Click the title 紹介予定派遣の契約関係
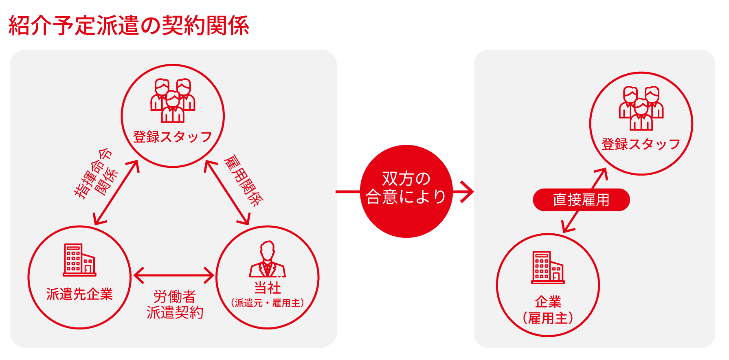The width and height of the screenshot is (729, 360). pos(129,25)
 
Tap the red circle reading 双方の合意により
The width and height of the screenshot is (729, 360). pos(406,191)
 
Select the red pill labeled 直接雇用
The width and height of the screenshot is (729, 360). pos(581,200)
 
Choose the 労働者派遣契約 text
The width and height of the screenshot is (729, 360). pos(175,304)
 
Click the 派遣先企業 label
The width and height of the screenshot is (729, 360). pos(79,294)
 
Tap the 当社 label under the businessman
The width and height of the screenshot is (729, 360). pos(267,288)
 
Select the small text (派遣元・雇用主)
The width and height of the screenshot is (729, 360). pos(267,303)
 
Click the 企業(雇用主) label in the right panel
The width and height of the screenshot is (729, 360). pos(548,310)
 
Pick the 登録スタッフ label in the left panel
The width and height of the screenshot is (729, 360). pos(173,137)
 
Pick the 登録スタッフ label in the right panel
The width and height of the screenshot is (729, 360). pos(641,144)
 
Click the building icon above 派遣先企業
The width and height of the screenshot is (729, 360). pos(79,260)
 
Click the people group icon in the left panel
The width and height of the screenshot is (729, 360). pos(173,101)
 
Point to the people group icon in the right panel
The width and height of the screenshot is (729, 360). pos(641,108)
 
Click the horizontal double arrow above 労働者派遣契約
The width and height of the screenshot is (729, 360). pos(173,275)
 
